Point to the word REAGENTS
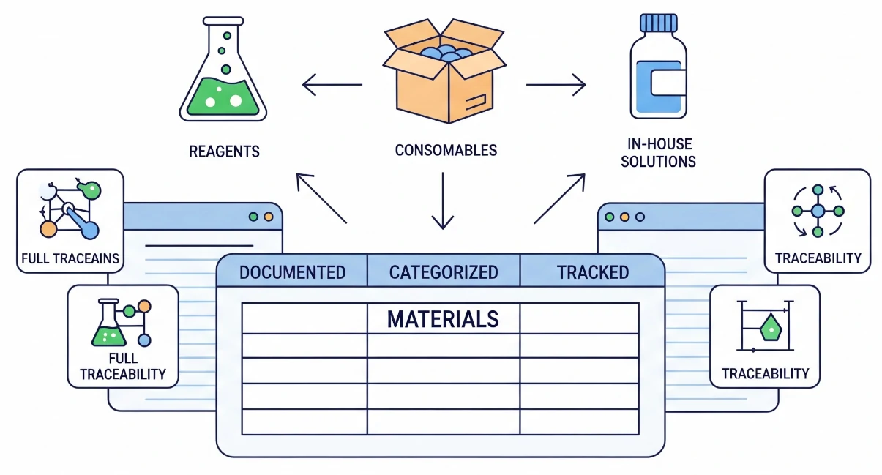(224, 152)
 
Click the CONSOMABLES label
(446, 150)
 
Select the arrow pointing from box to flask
(332, 86)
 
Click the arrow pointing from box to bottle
(556, 86)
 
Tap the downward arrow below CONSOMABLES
(443, 201)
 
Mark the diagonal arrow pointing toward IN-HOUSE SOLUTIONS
(560, 198)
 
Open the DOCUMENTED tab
(292, 273)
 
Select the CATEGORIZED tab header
(444, 273)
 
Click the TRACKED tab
(592, 273)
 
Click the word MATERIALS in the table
(443, 319)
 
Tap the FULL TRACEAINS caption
(71, 258)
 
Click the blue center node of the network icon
(818, 211)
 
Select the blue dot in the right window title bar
(640, 217)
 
